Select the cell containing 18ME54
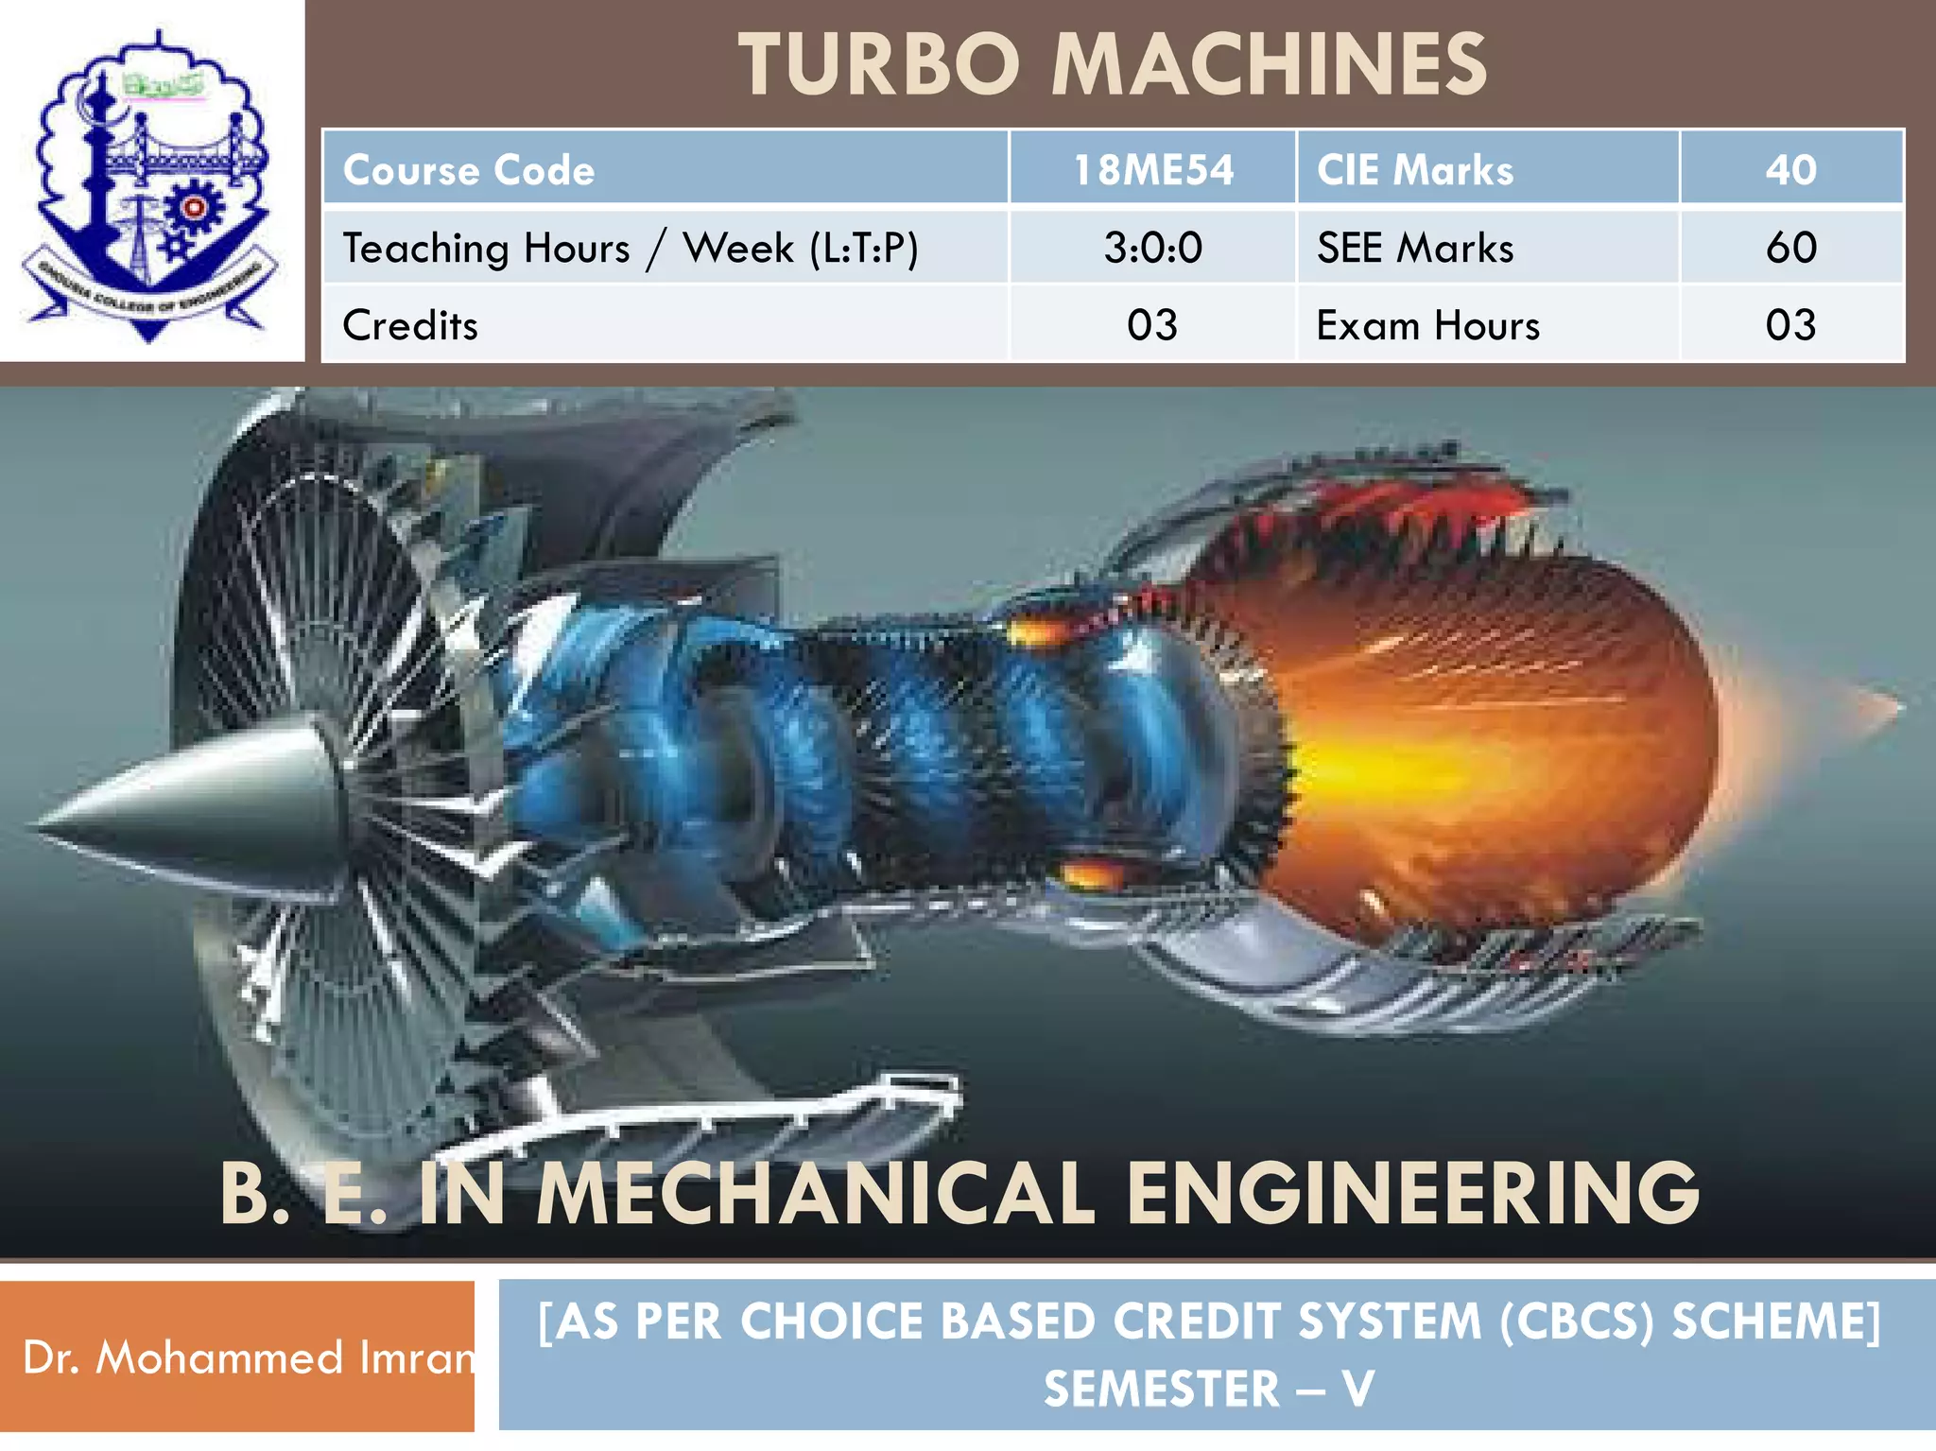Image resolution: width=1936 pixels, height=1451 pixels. click(1152, 170)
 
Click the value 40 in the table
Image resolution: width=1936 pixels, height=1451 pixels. click(1790, 170)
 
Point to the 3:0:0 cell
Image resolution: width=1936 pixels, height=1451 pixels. click(1152, 248)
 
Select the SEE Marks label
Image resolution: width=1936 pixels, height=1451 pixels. click(1415, 248)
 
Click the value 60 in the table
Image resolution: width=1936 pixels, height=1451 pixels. click(1790, 248)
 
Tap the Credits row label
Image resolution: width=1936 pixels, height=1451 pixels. click(410, 325)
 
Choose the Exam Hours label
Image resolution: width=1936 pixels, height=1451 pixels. click(1427, 325)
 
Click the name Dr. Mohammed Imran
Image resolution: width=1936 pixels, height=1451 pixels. click(248, 1356)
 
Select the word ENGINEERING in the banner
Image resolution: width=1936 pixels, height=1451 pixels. click(1413, 1193)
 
